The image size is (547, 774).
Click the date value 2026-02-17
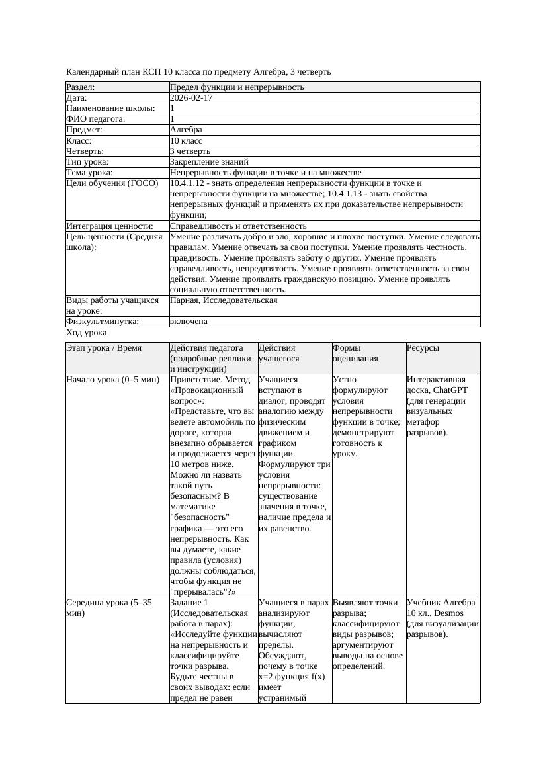191,98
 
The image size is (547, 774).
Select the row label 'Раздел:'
81,87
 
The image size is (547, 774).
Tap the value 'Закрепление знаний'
209,162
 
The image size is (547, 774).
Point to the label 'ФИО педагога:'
96,119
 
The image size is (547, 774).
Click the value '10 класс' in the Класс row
186,141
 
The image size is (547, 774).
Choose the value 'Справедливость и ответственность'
238,226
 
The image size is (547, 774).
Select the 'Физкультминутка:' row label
103,322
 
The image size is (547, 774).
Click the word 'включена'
189,322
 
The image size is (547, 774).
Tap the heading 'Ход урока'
87,333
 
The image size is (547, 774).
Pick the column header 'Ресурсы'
423,348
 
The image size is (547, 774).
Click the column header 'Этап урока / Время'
104,348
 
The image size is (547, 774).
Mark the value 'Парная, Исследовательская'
224,300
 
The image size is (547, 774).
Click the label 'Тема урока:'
90,173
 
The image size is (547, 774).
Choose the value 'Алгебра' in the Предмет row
186,130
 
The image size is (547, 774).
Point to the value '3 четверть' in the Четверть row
190,151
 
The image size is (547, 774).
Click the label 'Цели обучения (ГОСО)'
112,183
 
